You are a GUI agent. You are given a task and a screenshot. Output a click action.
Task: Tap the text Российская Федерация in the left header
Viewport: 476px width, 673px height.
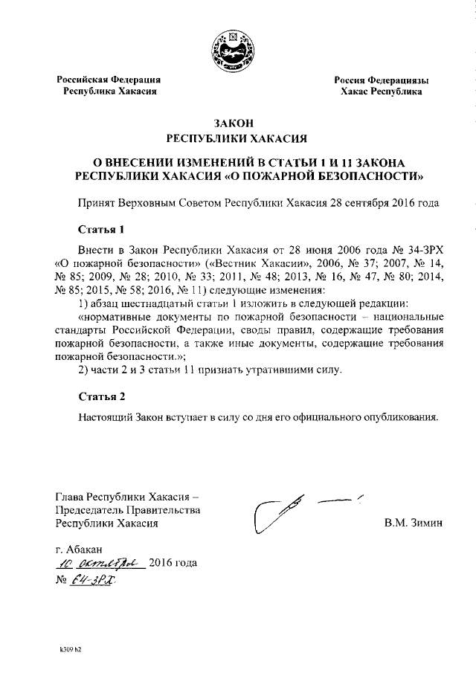coord(110,80)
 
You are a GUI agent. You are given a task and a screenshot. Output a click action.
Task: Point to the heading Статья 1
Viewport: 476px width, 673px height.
coord(100,228)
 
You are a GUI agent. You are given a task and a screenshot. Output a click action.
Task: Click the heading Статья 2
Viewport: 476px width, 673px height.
coord(100,396)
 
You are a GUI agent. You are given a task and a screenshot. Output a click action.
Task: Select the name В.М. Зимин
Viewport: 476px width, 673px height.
coord(413,522)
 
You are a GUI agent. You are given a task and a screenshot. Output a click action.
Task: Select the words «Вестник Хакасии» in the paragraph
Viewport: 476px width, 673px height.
coord(240,264)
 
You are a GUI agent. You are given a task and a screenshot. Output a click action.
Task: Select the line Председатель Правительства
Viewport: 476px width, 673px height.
coord(128,509)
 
